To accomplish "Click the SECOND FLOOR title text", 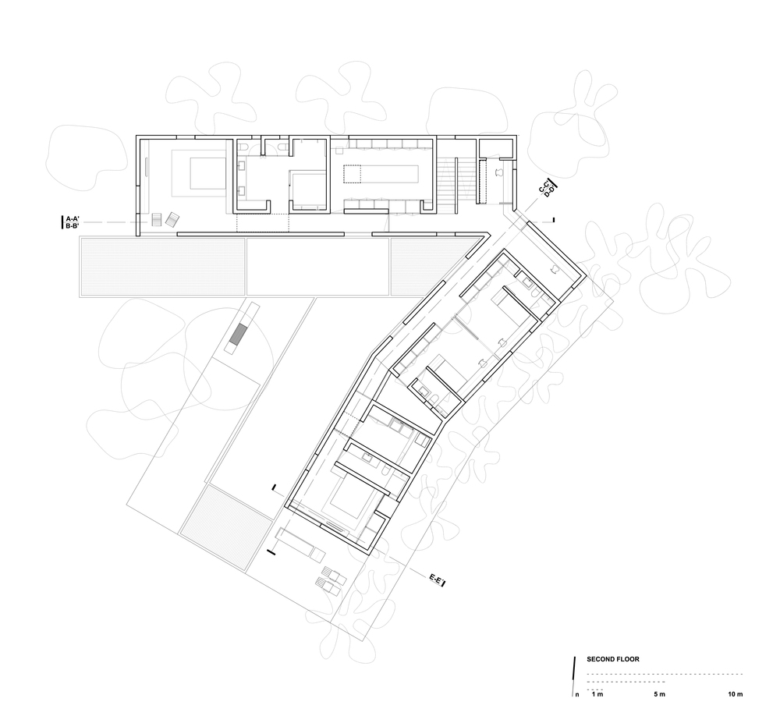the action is (613, 659).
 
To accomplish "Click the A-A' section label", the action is (73, 218).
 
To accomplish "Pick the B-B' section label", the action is (73, 225).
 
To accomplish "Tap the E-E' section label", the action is (438, 579).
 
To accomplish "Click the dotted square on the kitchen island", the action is (353, 175).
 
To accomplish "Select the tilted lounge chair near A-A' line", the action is (172, 219).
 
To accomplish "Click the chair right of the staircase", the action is (499, 172).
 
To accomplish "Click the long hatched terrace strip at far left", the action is (162, 267).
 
